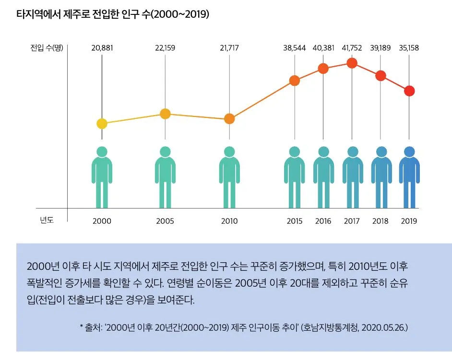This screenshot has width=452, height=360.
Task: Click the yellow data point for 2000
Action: [102, 124]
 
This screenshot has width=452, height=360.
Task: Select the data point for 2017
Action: [352, 63]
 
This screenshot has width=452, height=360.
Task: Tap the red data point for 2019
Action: [409, 91]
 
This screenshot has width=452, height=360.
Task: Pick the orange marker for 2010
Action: [229, 119]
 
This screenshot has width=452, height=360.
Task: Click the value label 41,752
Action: [352, 47]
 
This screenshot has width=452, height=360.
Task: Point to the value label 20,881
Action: [102, 47]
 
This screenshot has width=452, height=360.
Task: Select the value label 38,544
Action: [295, 47]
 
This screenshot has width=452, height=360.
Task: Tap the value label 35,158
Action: [409, 47]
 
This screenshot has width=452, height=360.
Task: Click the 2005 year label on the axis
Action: [165, 221]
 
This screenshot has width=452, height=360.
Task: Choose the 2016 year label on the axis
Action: [323, 221]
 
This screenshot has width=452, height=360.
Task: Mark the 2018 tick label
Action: [381, 221]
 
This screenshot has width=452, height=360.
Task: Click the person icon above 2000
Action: [102, 177]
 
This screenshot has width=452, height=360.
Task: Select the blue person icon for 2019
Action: [409, 177]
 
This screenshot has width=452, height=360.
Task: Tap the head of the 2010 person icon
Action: [229, 151]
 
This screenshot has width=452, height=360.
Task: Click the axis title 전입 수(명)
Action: [46, 47]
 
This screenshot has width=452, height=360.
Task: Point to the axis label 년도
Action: [47, 221]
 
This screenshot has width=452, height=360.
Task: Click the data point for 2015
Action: [295, 81]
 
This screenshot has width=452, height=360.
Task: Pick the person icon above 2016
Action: [323, 177]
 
